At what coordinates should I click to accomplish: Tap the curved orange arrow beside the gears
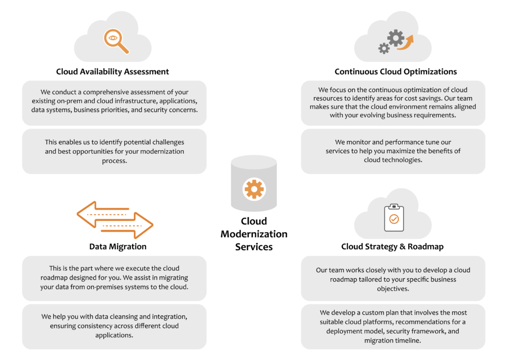coord(409,43)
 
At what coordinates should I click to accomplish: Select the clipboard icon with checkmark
coord(394,218)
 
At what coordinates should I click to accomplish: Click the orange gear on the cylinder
coord(254,189)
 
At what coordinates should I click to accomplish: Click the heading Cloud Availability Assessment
coord(113,72)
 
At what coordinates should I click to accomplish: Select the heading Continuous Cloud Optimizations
coord(395,72)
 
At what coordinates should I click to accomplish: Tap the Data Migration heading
coord(118,246)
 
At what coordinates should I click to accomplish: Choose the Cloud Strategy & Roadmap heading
coord(392,246)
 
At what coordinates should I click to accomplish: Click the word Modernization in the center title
coord(254,234)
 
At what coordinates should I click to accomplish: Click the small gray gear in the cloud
coord(383,48)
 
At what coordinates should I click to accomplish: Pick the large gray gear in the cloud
coord(395,38)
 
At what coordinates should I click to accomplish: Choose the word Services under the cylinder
coord(254,246)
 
